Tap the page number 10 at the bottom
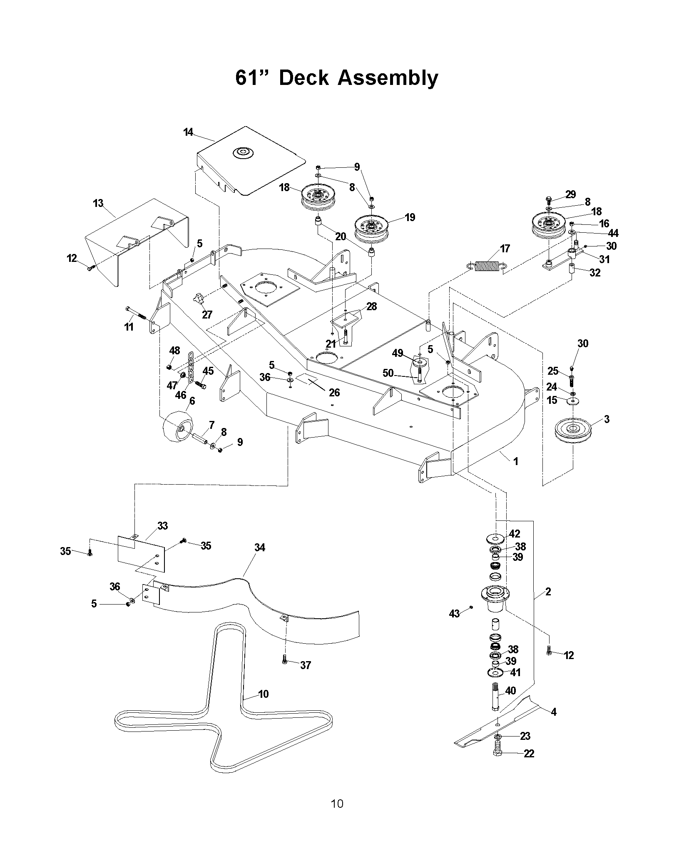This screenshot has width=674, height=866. (337, 815)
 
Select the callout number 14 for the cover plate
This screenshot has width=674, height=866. (188, 132)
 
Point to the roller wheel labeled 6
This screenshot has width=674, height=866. (178, 428)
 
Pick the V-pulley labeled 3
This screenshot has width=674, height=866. (572, 430)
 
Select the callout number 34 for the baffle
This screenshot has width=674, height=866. (260, 547)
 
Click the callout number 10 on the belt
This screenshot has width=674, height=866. (264, 694)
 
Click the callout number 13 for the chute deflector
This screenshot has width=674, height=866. (98, 204)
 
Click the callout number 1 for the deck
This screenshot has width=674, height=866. (516, 461)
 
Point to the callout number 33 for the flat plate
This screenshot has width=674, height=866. (163, 526)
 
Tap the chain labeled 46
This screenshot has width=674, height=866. (191, 368)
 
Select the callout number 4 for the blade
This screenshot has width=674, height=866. (553, 712)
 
